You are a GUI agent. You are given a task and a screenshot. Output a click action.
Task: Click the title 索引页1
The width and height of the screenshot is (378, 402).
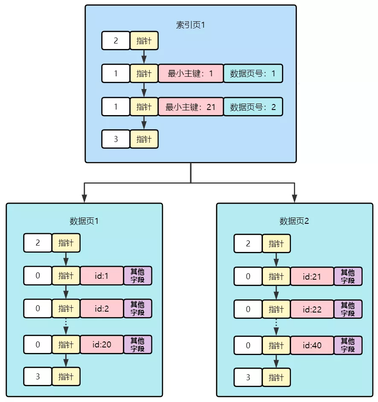click(x=191, y=25)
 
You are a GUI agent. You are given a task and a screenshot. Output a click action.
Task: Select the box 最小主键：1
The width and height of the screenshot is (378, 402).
click(x=191, y=73)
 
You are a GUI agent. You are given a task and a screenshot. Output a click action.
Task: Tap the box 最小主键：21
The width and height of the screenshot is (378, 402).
click(x=191, y=107)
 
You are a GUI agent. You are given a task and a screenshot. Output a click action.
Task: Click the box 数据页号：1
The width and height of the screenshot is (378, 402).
click(x=253, y=73)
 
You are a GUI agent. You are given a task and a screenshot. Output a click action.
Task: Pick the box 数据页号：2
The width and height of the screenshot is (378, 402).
click(x=253, y=107)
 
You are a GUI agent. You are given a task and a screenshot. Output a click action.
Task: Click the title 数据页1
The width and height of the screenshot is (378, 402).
click(x=84, y=221)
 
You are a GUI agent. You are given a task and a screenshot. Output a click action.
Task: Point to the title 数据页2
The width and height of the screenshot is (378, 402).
click(x=294, y=221)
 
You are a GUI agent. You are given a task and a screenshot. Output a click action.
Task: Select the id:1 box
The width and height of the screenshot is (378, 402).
click(x=102, y=276)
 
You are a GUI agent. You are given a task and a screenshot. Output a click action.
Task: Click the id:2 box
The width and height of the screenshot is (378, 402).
click(x=102, y=308)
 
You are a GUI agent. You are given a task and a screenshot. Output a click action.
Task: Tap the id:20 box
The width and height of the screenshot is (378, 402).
click(x=102, y=344)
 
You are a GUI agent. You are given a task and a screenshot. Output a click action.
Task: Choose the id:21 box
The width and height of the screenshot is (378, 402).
click(x=312, y=276)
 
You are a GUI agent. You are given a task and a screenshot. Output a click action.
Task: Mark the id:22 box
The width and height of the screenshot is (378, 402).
click(x=312, y=309)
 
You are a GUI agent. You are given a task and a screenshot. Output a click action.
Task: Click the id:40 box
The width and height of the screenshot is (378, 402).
click(x=312, y=345)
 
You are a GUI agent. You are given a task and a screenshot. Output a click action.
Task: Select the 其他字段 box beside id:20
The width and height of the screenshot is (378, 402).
click(x=137, y=344)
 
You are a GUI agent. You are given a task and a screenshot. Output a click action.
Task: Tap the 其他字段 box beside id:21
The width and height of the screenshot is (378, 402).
click(x=348, y=276)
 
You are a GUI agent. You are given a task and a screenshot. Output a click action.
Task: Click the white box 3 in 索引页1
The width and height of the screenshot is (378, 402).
click(x=116, y=139)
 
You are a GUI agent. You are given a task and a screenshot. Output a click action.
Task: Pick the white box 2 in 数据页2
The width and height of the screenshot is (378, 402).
click(x=248, y=243)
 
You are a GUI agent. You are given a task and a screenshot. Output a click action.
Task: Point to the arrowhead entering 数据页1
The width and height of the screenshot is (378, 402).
click(x=84, y=198)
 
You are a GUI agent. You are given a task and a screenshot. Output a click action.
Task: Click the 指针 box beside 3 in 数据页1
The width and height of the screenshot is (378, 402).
click(x=66, y=376)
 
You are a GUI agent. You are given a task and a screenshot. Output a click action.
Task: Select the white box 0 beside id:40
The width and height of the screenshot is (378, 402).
click(x=248, y=345)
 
